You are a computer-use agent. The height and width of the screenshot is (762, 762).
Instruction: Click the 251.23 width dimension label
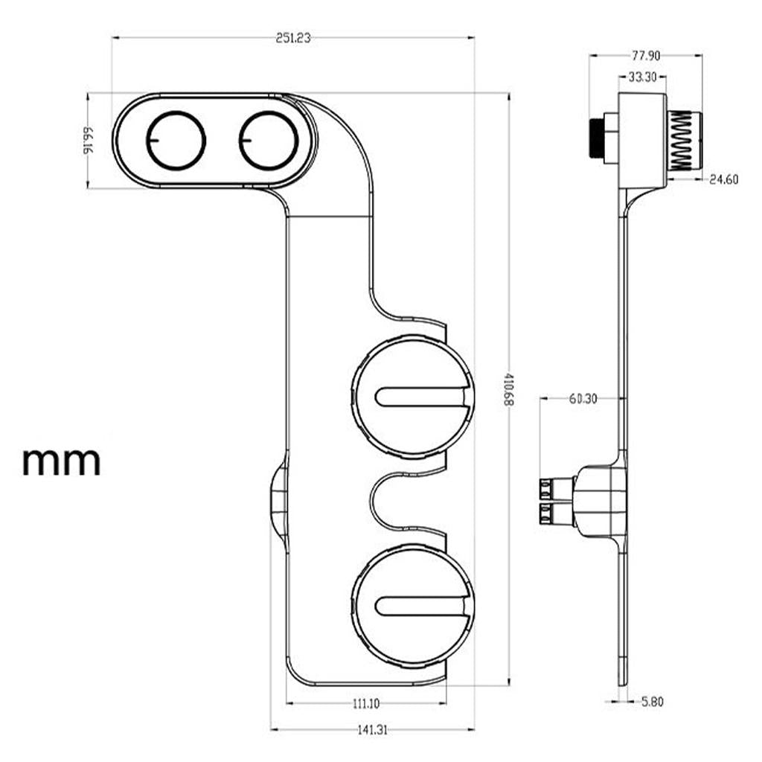point(293,38)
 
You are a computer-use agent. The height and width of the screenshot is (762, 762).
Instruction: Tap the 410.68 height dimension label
point(508,390)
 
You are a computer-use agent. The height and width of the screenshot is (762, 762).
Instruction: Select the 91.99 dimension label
point(88,141)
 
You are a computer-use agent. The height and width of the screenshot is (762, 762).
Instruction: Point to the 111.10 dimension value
point(366,702)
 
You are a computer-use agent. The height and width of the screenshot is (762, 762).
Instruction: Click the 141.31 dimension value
point(372,729)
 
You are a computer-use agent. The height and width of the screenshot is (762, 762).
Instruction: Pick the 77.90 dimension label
point(646,56)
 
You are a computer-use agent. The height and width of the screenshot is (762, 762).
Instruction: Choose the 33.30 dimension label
point(642,77)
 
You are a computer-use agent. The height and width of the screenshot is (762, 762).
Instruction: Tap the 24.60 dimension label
point(723,180)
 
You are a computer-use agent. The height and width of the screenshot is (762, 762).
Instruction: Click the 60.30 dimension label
point(583,399)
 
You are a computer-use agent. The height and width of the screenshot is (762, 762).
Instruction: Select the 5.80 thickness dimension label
point(652,701)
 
